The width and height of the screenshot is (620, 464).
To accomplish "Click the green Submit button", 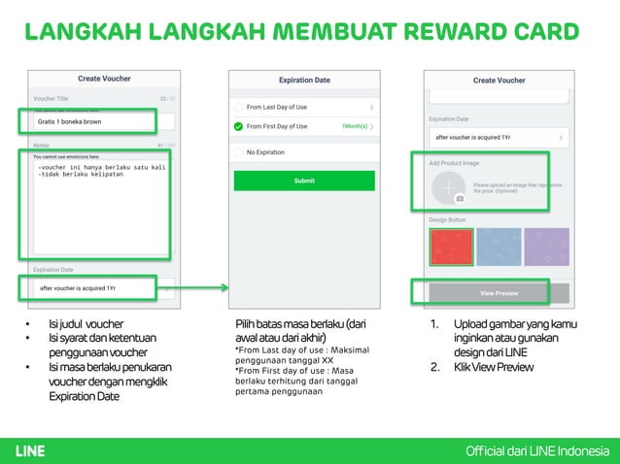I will point(304,181).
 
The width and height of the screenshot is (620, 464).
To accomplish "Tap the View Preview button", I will point(499,292).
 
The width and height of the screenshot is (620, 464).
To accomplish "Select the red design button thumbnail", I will point(450,247).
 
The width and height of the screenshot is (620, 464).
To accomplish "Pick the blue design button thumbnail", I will point(498,247).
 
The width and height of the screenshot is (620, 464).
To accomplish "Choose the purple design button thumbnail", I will point(545,247).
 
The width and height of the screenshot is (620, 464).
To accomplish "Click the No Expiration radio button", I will point(238,152).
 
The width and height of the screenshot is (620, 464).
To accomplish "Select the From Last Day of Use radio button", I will point(238,107).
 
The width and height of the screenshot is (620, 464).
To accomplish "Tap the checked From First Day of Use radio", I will point(238,126).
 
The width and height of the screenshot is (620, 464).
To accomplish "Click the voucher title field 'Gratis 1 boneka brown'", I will point(87,122).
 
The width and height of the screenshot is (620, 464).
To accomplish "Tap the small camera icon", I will point(460,199).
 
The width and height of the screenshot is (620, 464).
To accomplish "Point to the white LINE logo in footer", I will point(30,450).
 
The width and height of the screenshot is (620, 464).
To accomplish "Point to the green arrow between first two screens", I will point(201,287).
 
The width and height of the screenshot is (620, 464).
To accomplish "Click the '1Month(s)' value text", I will point(354,126).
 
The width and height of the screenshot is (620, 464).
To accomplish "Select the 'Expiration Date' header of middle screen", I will point(304,80).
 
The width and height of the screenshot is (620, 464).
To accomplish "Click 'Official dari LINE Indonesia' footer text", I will point(537,450).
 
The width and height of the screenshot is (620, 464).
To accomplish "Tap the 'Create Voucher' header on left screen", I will point(104,79).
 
